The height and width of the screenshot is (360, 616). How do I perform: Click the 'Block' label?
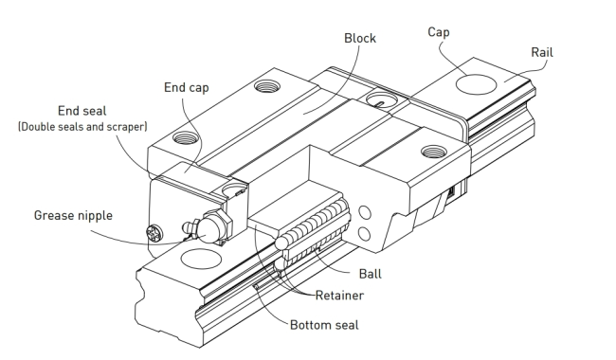[x=360, y=38]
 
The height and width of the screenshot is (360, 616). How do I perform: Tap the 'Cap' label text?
[x=439, y=32]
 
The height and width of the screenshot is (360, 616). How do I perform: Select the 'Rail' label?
[x=542, y=52]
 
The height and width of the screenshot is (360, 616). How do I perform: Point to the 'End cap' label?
[x=186, y=87]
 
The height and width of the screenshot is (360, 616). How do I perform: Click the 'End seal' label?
[x=82, y=111]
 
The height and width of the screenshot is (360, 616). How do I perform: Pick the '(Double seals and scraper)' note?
[x=82, y=127]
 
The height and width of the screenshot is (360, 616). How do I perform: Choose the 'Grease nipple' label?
[x=73, y=216]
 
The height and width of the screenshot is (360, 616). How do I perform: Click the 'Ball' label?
[x=370, y=274]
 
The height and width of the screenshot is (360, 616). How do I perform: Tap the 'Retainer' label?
[x=339, y=296]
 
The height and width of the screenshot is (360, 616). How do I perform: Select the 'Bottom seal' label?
[x=324, y=325]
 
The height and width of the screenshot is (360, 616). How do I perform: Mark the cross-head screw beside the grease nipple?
[x=154, y=233]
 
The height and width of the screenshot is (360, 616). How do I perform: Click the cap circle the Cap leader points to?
[x=476, y=85]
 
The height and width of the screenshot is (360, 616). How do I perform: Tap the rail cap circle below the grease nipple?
[x=201, y=260]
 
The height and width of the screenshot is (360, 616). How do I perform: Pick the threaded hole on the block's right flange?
[x=434, y=152]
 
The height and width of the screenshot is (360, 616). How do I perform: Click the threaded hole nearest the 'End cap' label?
[x=186, y=137]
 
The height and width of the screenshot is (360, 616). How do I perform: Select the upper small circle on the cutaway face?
[x=365, y=213]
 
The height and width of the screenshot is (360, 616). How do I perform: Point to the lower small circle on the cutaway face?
[x=365, y=234]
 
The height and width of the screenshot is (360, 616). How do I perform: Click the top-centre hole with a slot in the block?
[x=381, y=99]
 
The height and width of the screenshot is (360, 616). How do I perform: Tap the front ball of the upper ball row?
[x=281, y=243]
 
